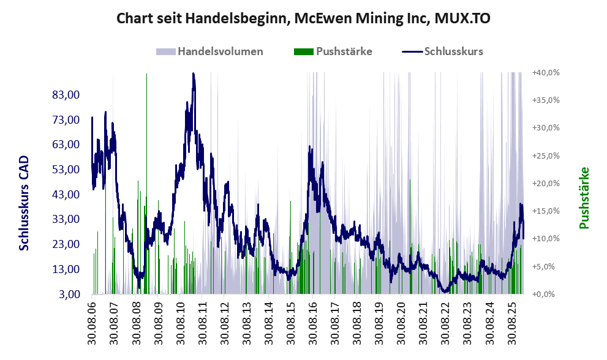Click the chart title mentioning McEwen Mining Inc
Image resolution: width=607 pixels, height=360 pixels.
click(x=303, y=19)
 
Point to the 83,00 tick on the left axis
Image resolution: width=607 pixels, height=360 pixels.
click(x=66, y=95)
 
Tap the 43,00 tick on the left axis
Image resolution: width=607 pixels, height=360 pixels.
click(x=66, y=195)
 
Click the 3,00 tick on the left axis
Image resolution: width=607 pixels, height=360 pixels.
click(x=68, y=294)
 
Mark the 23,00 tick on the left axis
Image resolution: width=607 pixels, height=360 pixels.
click(x=66, y=244)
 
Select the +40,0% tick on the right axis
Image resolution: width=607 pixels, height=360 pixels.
click(x=546, y=72)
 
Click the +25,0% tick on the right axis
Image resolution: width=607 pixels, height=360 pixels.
click(x=546, y=156)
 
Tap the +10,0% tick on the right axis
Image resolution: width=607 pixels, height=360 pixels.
click(x=546, y=239)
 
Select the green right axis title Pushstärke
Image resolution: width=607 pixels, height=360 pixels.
click(x=584, y=198)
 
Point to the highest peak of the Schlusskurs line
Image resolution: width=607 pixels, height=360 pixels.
click(x=193, y=74)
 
